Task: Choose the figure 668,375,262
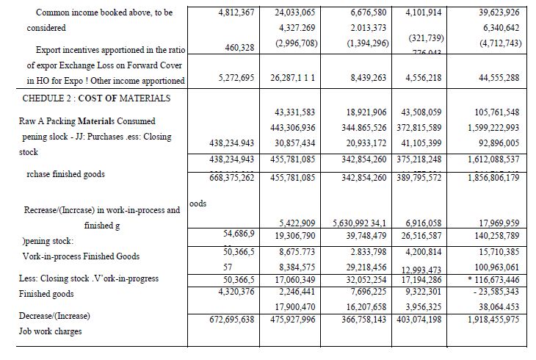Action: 222,177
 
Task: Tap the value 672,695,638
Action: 222,320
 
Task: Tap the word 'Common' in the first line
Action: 54,13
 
